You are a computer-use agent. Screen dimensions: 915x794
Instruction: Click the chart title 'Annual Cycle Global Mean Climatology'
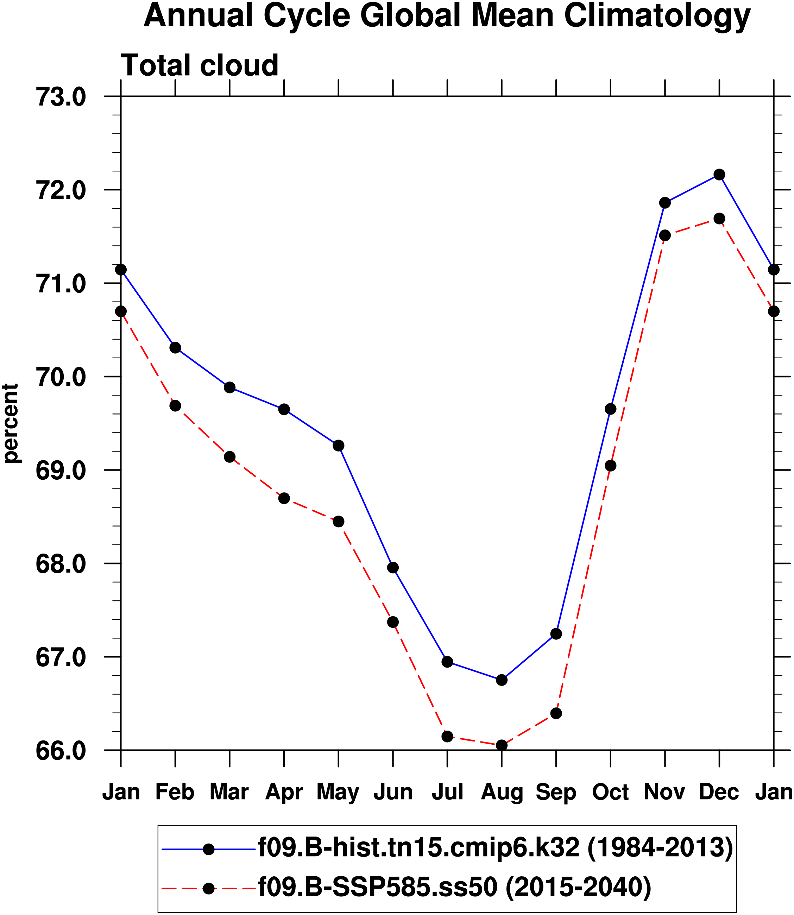click(447, 16)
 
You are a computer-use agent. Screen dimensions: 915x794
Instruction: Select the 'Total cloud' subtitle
click(200, 65)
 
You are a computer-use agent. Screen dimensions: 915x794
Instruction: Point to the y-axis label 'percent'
click(11, 423)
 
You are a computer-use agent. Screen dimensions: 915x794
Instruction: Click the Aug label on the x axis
click(502, 792)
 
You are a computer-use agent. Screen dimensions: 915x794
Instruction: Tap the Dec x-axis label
click(719, 792)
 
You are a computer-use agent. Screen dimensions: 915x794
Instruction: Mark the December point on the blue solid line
click(719, 174)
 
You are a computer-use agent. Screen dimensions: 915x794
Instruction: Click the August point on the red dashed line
click(502, 745)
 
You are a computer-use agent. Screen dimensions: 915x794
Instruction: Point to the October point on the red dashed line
click(611, 466)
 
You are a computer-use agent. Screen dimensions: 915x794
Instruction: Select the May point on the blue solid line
click(339, 445)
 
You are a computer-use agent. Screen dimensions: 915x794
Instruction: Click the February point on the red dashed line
click(176, 405)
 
